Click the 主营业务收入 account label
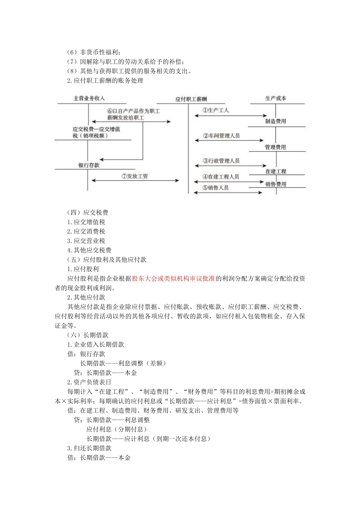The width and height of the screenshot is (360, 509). [89, 98]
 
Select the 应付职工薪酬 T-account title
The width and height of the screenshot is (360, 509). [191, 99]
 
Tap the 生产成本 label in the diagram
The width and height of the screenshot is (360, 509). [275, 98]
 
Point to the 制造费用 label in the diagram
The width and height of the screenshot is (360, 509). [275, 122]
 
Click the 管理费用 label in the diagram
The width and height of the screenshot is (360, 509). [275, 147]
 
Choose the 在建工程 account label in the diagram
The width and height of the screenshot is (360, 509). [275, 172]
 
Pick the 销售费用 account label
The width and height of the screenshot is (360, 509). [275, 184]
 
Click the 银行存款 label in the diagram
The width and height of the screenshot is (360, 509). [89, 166]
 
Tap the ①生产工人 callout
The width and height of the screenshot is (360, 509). [215, 110]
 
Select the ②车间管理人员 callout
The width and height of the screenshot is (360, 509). [221, 136]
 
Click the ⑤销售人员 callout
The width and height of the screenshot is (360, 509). [216, 187]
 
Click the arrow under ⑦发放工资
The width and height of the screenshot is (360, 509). [135, 181]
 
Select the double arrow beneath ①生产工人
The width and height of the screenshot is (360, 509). [231, 116]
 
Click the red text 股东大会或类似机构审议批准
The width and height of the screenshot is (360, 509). [173, 278]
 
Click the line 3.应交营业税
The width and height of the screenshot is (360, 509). [86, 241]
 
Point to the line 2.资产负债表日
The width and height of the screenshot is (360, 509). [89, 382]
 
